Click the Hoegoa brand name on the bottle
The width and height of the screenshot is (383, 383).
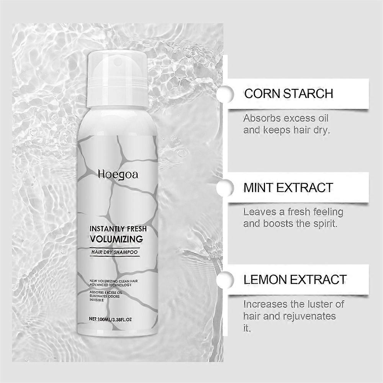pos(118,175)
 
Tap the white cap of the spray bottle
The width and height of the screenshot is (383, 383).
pos(117,79)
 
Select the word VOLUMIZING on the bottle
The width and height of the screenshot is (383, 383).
pos(116,239)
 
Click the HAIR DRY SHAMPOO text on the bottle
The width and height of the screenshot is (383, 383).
pos(114,252)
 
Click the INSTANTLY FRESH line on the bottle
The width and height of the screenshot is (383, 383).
pos(118,229)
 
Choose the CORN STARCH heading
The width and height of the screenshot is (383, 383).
pos(289,93)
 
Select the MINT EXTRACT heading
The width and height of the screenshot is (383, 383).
pos(288,188)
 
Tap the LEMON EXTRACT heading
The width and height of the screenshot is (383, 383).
pos(295,280)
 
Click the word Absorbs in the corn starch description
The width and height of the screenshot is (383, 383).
pos(261,118)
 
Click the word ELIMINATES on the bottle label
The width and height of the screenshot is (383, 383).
pos(99,296)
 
